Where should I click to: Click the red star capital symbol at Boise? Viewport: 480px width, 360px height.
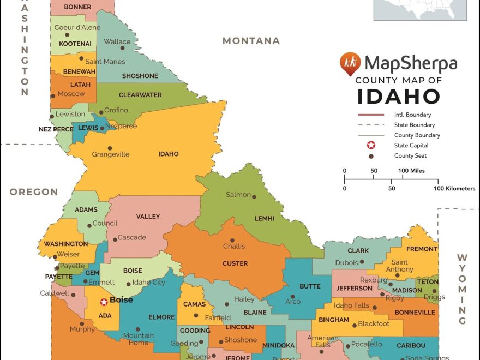point(104,302)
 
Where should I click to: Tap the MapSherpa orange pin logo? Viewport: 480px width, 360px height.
point(350,64)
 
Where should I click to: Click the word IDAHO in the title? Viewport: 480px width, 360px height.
point(399,96)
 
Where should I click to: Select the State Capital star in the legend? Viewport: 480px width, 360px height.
point(371,146)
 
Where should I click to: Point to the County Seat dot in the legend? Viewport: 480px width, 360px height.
point(371,156)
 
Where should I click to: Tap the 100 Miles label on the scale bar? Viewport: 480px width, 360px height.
point(411,171)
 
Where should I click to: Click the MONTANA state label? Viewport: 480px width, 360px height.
point(251,41)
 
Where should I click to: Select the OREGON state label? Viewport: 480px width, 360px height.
point(34,192)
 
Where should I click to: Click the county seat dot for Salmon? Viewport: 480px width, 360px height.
point(254,197)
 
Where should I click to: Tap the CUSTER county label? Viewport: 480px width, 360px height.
point(235,263)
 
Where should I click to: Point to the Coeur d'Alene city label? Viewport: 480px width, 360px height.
point(77,27)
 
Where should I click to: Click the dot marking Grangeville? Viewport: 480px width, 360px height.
point(110,148)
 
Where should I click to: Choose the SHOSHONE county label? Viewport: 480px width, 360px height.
point(140,76)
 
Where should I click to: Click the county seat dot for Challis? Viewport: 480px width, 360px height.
point(232,240)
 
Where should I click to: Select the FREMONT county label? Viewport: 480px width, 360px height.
point(422,249)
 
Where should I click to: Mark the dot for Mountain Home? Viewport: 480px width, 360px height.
point(137,329)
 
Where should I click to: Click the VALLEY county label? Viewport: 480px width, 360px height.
point(148,217)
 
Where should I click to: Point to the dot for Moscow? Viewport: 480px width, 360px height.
point(53,95)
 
